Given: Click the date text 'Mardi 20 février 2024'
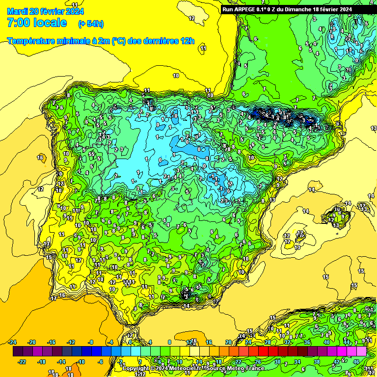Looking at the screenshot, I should click(x=45, y=11).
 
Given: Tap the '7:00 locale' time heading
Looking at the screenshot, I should click(x=37, y=23).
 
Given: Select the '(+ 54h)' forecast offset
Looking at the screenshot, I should click(x=91, y=24).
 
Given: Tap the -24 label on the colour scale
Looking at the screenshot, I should click(x=13, y=342).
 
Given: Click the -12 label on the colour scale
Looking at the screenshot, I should click(x=71, y=342).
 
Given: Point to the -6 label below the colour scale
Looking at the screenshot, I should click(x=101, y=362).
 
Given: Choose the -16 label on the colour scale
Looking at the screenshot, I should click(x=52, y=342).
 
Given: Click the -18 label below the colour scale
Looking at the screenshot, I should click(x=42, y=362).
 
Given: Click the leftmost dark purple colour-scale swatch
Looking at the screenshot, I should click(x=18, y=351).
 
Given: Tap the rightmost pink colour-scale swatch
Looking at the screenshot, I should click(x=361, y=351).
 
